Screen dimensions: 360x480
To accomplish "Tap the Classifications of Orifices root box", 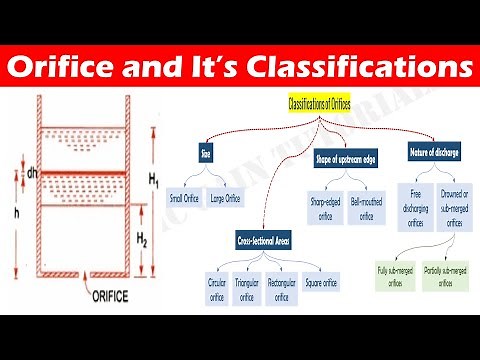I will pos(321,105).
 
